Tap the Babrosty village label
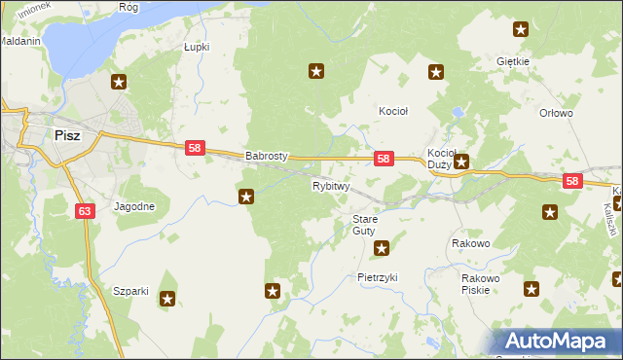coord(267,155)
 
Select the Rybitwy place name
coord(331,186)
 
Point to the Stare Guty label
coord(364,225)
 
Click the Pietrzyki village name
coord(378,277)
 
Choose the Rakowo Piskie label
coord(480,283)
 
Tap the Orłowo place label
coord(556,113)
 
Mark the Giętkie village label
coord(512,61)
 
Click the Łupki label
coord(197,47)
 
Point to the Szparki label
coord(130,291)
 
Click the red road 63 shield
coord(85,210)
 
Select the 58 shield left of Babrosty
coord(195,148)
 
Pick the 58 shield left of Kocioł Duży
coord(384,159)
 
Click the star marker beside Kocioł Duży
coord(462,162)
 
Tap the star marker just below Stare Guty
coord(382,248)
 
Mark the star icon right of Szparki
coord(168,299)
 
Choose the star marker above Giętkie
coord(522,30)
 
